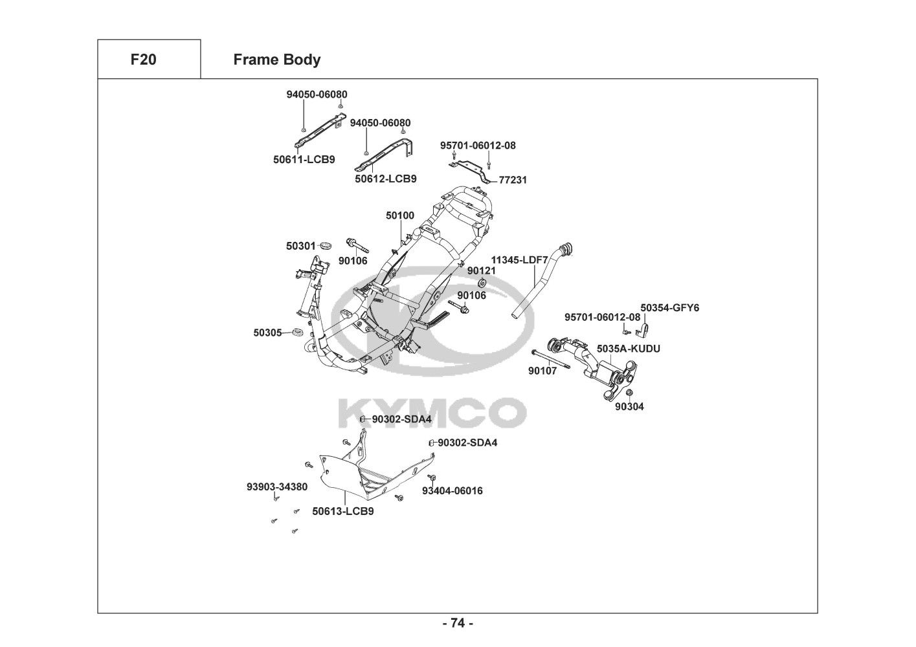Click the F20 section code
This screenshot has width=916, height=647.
point(143,60)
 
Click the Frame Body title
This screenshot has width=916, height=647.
point(276,60)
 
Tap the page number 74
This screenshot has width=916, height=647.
point(457,623)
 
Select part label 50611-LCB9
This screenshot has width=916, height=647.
point(304,159)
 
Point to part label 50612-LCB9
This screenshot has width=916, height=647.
point(385,179)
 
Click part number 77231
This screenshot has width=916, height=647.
point(513,181)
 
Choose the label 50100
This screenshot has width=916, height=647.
point(400,215)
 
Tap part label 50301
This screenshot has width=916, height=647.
point(300,246)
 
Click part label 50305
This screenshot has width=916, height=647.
point(267,333)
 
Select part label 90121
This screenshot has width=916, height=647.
point(481,270)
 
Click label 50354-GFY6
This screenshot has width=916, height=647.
point(669,308)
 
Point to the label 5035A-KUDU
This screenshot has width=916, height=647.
point(628,349)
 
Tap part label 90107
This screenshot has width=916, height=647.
point(542,371)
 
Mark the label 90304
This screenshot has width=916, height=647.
point(629,407)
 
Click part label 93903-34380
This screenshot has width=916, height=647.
point(276,487)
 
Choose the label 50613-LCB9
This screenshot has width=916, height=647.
point(342,511)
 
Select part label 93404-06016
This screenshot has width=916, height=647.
point(452,490)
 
